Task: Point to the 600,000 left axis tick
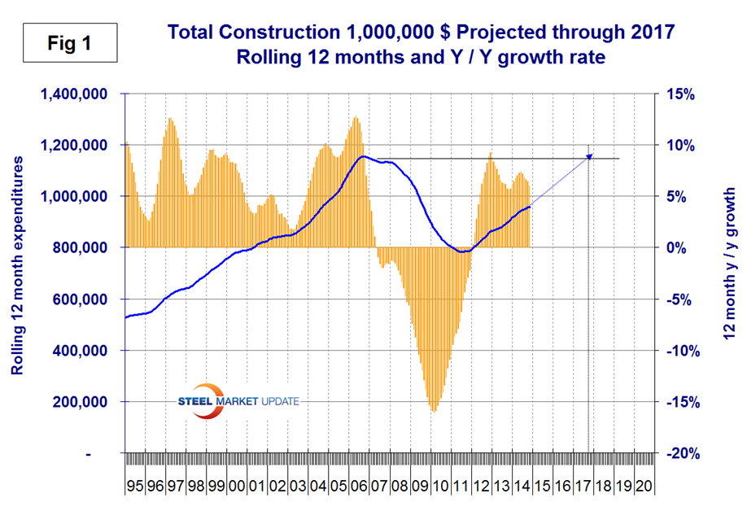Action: tap(80, 299)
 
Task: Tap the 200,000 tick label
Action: tap(80, 402)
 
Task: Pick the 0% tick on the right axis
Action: tap(682, 247)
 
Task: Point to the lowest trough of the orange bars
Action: tap(433, 411)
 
